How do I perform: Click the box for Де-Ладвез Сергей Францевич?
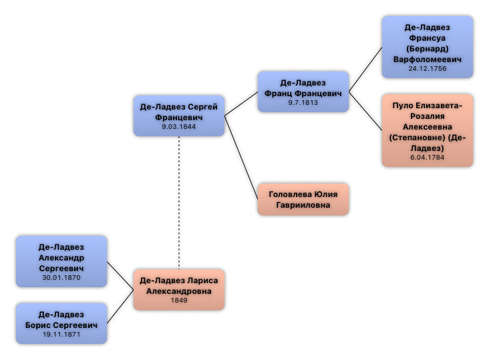coord(178,116)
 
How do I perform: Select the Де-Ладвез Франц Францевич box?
coord(303,92)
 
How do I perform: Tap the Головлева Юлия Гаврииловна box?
coord(303,200)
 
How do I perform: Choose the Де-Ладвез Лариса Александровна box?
coord(178,290)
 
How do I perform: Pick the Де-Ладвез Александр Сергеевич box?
coord(61,261)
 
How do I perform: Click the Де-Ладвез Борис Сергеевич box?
coord(61,324)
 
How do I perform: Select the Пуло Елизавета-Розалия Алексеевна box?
coord(427,130)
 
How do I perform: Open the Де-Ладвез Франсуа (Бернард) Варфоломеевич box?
coord(427,47)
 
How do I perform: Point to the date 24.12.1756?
coord(428,69)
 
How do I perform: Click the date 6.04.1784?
coord(428,158)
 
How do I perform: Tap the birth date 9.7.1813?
coord(303,103)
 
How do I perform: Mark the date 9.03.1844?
coord(179,127)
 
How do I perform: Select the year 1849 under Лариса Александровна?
coord(179,301)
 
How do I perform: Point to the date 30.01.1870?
coord(61,278)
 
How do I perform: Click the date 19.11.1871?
coord(61,335)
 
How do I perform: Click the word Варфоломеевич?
coord(428,59)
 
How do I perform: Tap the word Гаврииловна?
coord(303,205)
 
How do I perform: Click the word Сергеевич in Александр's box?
coord(61,268)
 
